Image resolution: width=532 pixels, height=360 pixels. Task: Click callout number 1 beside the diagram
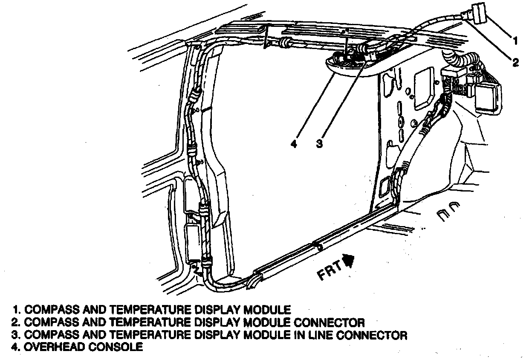tap(515, 41)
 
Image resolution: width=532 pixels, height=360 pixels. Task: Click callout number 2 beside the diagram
tap(515, 63)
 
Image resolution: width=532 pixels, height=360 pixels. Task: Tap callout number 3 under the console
tap(319, 144)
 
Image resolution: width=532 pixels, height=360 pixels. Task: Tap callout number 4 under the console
tap(293, 144)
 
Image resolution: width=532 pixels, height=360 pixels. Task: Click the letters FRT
tap(330, 270)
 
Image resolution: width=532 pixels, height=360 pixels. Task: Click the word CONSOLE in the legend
tap(115, 347)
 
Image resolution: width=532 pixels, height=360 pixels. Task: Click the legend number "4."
tap(17, 347)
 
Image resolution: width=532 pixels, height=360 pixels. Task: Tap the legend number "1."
tap(17, 309)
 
